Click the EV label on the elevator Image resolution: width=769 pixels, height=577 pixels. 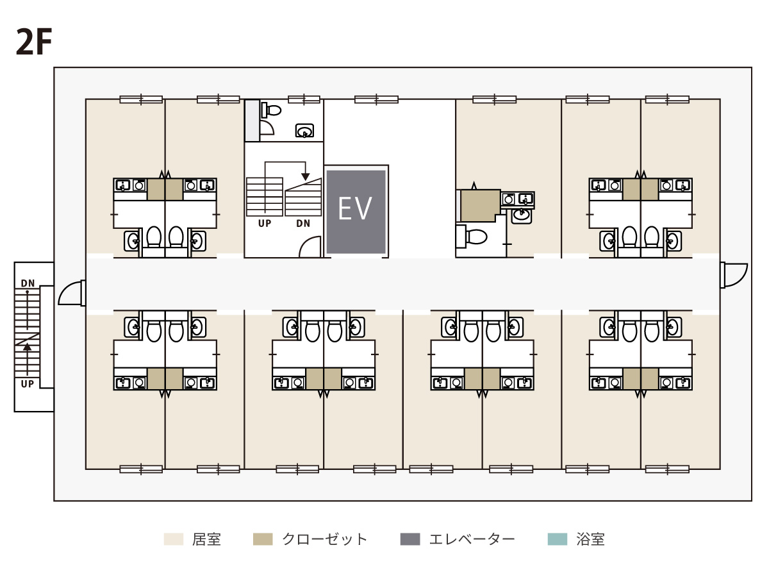point(354,209)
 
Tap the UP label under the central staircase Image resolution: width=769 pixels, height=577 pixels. point(265,224)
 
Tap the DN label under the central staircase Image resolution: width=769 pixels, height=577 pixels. point(303,224)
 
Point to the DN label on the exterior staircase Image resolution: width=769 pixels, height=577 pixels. point(28,283)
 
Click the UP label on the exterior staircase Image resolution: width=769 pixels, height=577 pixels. point(28,384)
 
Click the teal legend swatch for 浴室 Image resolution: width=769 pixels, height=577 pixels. point(557,539)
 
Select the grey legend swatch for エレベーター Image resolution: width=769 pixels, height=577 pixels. point(410,539)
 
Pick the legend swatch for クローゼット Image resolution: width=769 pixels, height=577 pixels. point(263,539)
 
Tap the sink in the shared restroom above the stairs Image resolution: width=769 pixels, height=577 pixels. point(304,131)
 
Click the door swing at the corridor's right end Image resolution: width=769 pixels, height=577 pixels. point(734,276)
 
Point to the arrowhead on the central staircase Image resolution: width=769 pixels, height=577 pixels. point(306,176)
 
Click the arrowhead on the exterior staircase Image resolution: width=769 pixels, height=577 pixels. point(27,347)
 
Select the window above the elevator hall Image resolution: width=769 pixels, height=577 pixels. point(376,100)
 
